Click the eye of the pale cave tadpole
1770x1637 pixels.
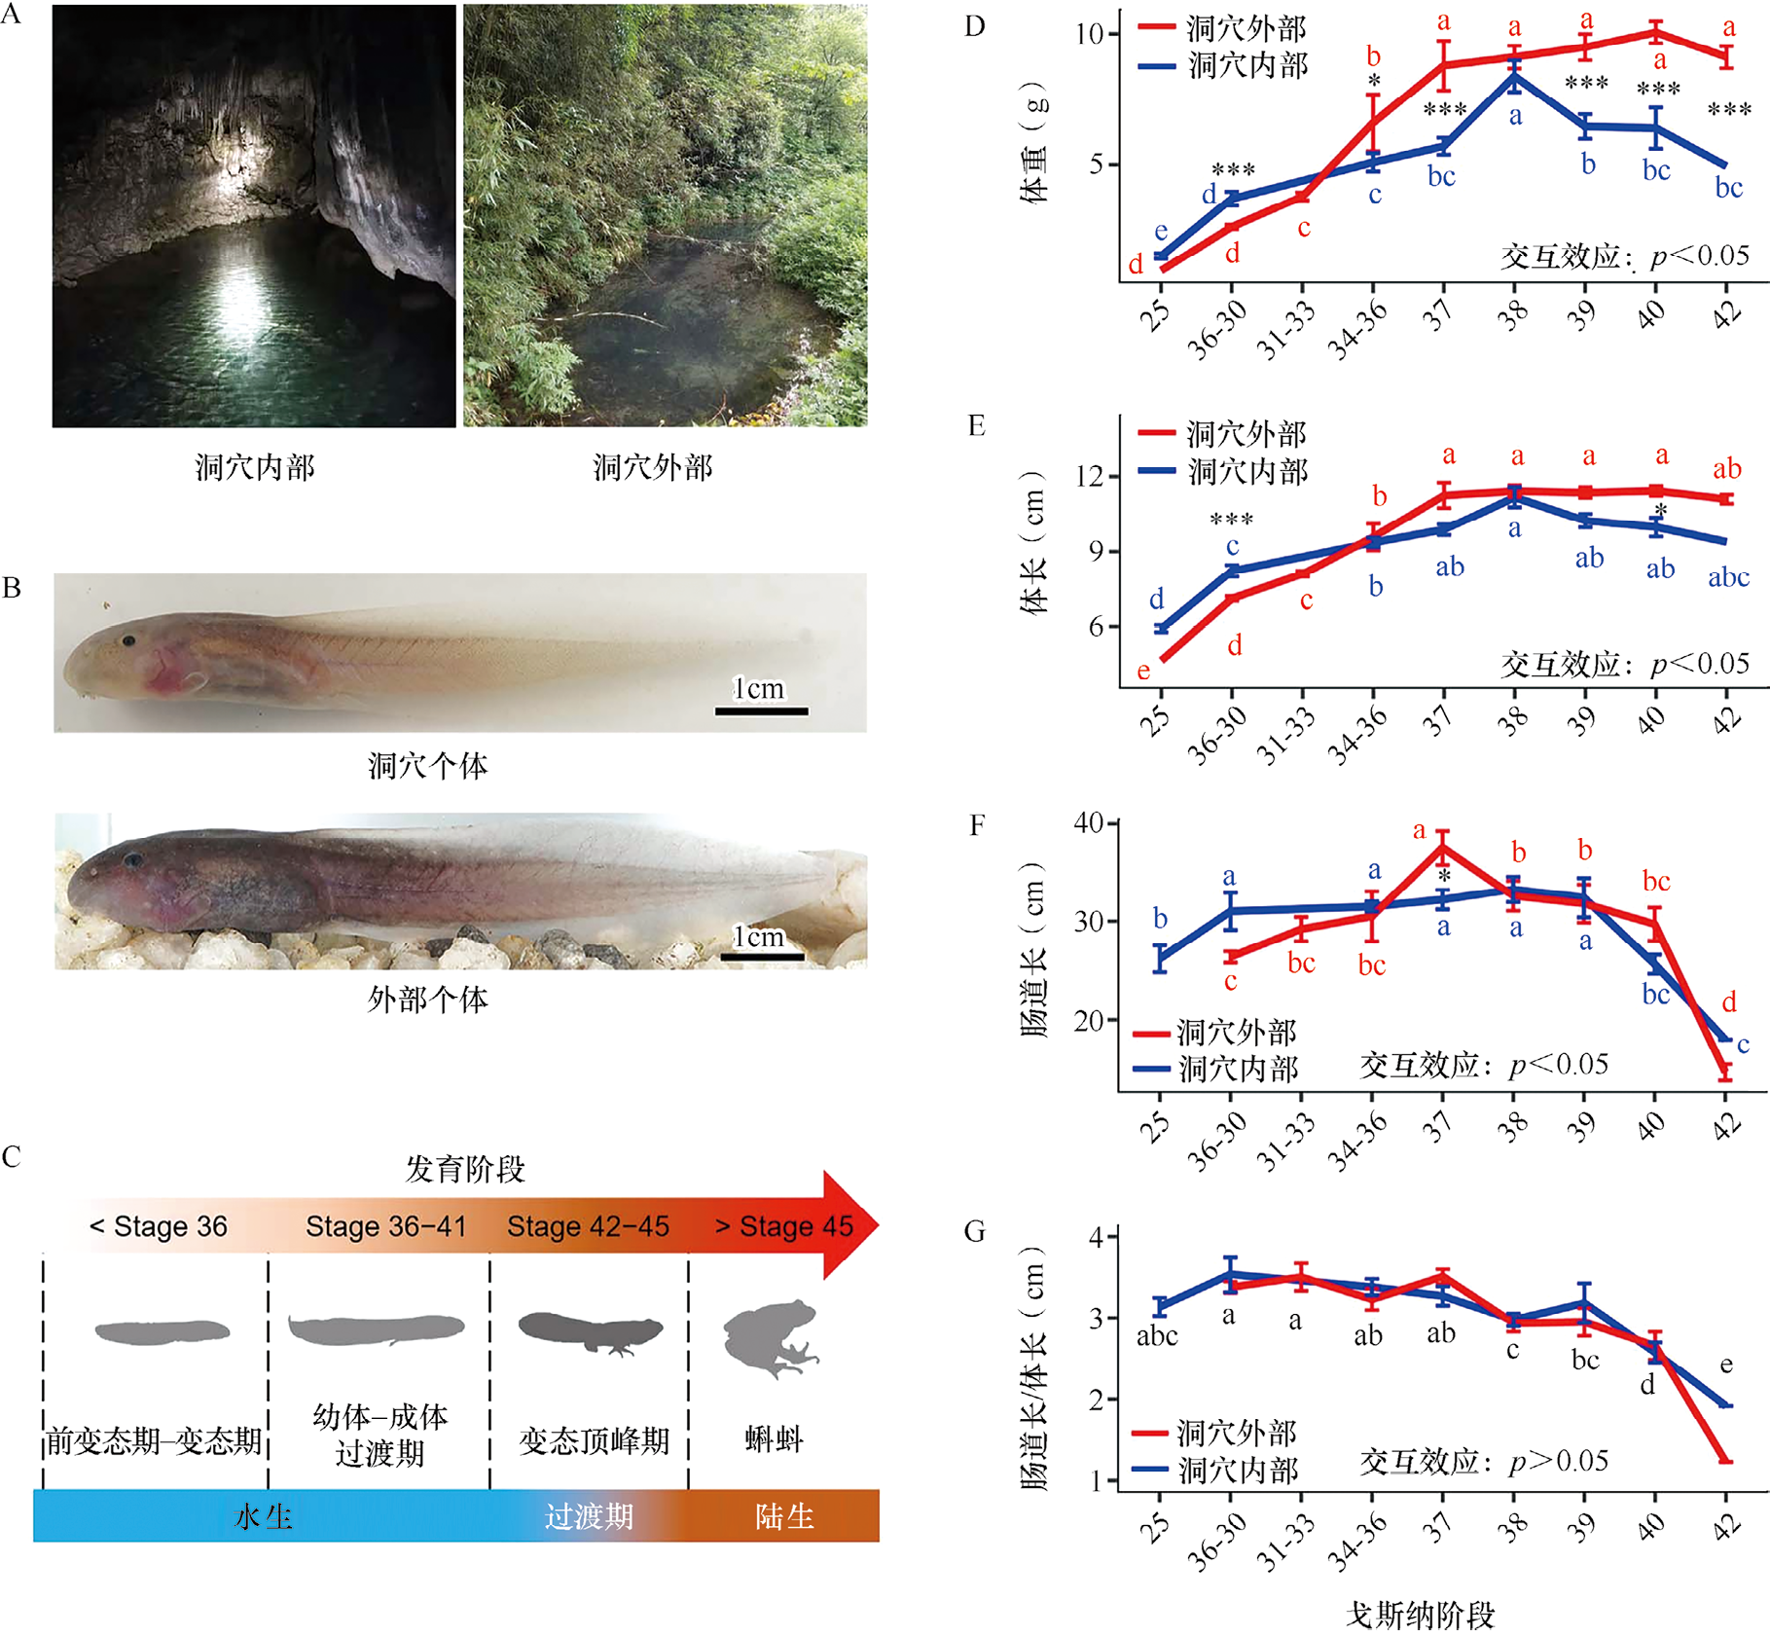tap(128, 640)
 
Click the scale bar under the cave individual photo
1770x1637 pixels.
tap(761, 711)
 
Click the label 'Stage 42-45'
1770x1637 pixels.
tap(588, 1226)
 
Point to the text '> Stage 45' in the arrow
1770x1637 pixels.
tap(784, 1226)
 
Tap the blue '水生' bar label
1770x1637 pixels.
tap(264, 1515)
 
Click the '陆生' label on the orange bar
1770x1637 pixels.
tap(784, 1515)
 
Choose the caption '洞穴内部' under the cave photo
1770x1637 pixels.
tap(255, 467)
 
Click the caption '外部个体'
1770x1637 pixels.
tap(427, 999)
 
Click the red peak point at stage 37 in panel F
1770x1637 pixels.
tap(1443, 846)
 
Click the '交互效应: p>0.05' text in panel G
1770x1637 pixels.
tap(1483, 1461)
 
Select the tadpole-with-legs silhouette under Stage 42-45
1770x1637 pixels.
tap(591, 1331)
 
